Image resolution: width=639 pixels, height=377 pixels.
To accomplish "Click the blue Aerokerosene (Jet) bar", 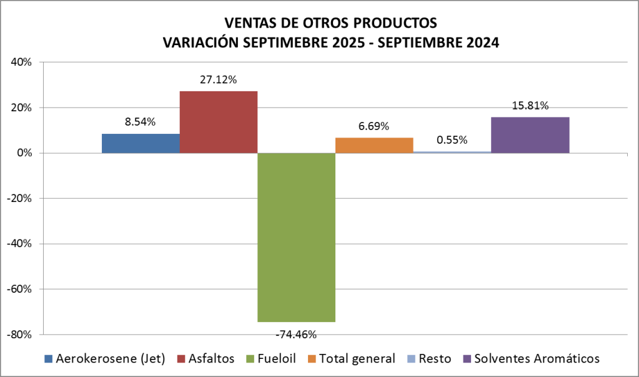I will pyautogui.click(x=141, y=143).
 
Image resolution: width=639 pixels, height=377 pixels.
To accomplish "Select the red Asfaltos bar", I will pyautogui.click(x=219, y=122).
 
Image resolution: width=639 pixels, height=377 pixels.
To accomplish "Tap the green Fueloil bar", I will pyautogui.click(x=296, y=238).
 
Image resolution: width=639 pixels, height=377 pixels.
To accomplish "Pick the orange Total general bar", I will pyautogui.click(x=374, y=145).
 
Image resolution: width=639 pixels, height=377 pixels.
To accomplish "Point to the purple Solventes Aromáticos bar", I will pyautogui.click(x=530, y=135).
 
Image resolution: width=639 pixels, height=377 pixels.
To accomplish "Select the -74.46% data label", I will pyautogui.click(x=296, y=334).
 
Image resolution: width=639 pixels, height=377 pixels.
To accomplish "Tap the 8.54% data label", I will pyautogui.click(x=140, y=123).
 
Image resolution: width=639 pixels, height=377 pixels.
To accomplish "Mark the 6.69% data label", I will pyautogui.click(x=374, y=126).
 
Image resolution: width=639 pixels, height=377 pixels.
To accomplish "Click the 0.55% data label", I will pyautogui.click(x=452, y=140).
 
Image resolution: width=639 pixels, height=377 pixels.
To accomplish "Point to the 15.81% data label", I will pyautogui.click(x=530, y=106).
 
